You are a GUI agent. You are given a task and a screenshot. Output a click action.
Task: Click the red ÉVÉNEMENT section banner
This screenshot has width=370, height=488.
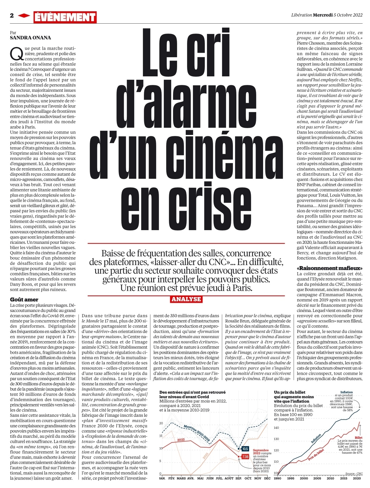(x=65, y=17)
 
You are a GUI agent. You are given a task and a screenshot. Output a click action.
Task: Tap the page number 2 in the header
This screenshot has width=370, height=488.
(x=12, y=16)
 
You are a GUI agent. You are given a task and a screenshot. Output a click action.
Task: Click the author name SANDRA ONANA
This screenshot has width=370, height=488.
(x=30, y=38)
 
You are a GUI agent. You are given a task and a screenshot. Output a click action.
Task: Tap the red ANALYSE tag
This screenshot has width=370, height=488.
(x=186, y=299)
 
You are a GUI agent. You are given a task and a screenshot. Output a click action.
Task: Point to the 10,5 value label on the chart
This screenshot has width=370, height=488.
(x=245, y=449)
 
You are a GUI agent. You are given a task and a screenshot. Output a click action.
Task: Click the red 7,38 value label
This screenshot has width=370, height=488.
(x=245, y=456)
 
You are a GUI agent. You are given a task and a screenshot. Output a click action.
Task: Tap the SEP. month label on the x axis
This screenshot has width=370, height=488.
(x=238, y=478)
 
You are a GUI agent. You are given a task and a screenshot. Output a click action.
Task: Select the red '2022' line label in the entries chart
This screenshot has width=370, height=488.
(x=181, y=440)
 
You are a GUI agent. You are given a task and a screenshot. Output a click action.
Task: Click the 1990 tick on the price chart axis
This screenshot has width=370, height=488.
(x=277, y=478)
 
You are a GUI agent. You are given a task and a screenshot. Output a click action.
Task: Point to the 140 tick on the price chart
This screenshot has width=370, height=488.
(x=276, y=428)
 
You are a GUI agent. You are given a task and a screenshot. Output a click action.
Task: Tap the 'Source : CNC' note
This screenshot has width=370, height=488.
(x=354, y=474)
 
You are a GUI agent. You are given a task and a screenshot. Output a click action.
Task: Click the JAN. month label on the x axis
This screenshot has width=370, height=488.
(x=162, y=478)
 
